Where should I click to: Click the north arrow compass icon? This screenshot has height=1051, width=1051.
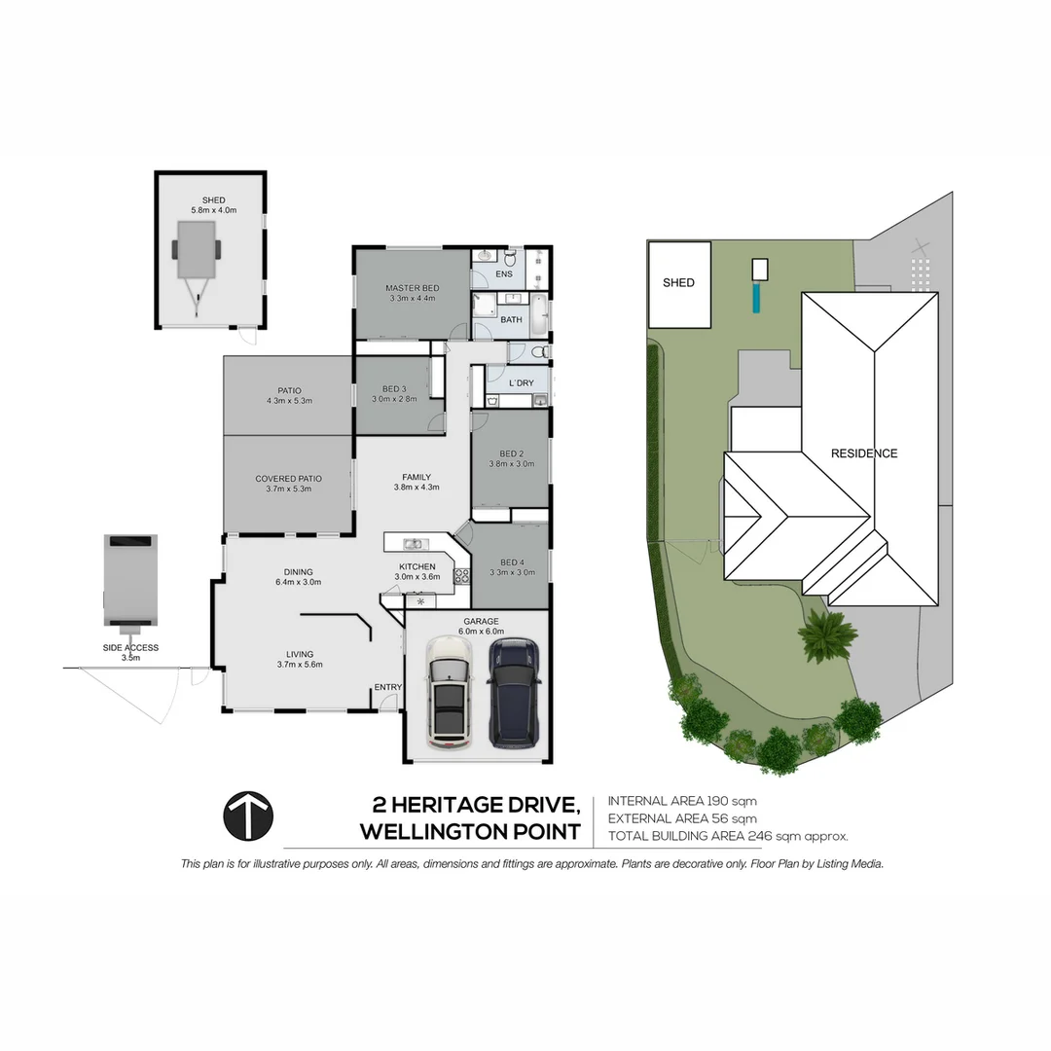pyautogui.click(x=248, y=815)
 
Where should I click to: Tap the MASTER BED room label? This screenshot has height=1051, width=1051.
pyautogui.click(x=412, y=288)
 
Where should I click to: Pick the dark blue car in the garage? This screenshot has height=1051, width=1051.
pyautogui.click(x=514, y=692)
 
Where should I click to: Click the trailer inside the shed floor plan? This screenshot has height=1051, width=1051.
pyautogui.click(x=198, y=256)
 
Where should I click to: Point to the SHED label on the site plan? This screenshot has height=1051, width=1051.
pyautogui.click(x=678, y=283)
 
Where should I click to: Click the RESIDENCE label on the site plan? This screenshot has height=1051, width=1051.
pyautogui.click(x=863, y=453)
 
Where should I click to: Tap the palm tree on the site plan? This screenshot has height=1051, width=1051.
pyautogui.click(x=827, y=635)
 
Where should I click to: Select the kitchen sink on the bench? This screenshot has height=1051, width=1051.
pyautogui.click(x=414, y=543)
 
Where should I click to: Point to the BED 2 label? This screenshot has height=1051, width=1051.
pyautogui.click(x=512, y=454)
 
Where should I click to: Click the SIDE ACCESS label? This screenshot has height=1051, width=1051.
pyautogui.click(x=130, y=647)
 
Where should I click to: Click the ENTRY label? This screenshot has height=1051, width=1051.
pyautogui.click(x=387, y=688)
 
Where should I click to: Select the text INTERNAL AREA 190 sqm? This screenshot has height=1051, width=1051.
pyautogui.click(x=681, y=801)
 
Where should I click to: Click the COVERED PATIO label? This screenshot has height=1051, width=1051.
pyautogui.click(x=288, y=479)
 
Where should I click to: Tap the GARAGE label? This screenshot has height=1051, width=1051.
pyautogui.click(x=481, y=621)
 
